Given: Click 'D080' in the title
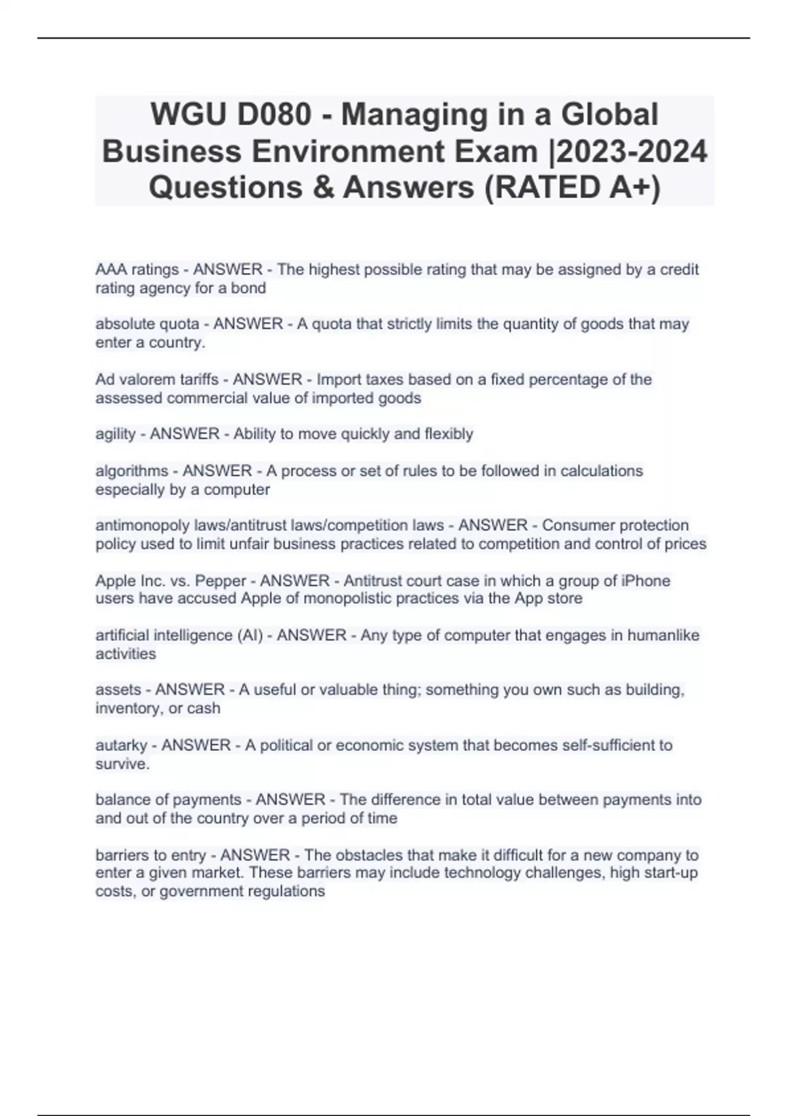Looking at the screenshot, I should pyautogui.click(x=274, y=115).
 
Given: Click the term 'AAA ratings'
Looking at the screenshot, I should pyautogui.click(x=137, y=270).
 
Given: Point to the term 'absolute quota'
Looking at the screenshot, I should pyautogui.click(x=147, y=324).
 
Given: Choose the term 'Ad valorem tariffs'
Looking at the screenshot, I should pyautogui.click(x=157, y=379).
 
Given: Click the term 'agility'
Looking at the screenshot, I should pyautogui.click(x=116, y=434).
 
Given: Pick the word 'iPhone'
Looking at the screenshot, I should pyautogui.click(x=645, y=581).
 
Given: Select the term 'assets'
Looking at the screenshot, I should pyautogui.click(x=118, y=689).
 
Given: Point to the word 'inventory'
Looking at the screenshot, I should pyautogui.click(x=129, y=708).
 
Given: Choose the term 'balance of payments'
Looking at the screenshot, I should pyautogui.click(x=168, y=800).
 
